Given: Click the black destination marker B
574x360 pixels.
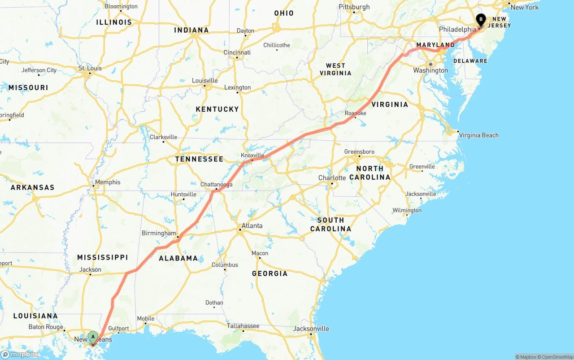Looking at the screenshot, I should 481,20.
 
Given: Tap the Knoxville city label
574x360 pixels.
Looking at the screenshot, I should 252,155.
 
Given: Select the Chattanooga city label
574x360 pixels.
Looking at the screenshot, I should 216,184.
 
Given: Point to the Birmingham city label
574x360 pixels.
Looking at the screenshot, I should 159,233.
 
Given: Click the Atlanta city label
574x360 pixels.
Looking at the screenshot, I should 252,226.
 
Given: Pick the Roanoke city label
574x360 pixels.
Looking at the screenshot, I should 356,113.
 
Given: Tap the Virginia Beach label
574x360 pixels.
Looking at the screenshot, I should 478,135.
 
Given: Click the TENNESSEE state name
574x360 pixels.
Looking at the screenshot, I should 199,159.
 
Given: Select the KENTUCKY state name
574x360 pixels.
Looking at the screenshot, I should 217,109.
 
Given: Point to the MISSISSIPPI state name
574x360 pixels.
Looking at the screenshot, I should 102,257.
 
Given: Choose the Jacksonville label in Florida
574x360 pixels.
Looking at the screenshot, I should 311,329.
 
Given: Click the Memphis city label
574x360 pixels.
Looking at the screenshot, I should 108,182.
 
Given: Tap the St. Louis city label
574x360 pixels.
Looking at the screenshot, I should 90,68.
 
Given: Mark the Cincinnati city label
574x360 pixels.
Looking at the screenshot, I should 237,52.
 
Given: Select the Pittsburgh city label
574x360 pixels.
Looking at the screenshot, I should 354,7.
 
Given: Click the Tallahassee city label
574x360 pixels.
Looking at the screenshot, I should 243,326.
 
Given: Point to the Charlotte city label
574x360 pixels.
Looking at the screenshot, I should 332,178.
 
